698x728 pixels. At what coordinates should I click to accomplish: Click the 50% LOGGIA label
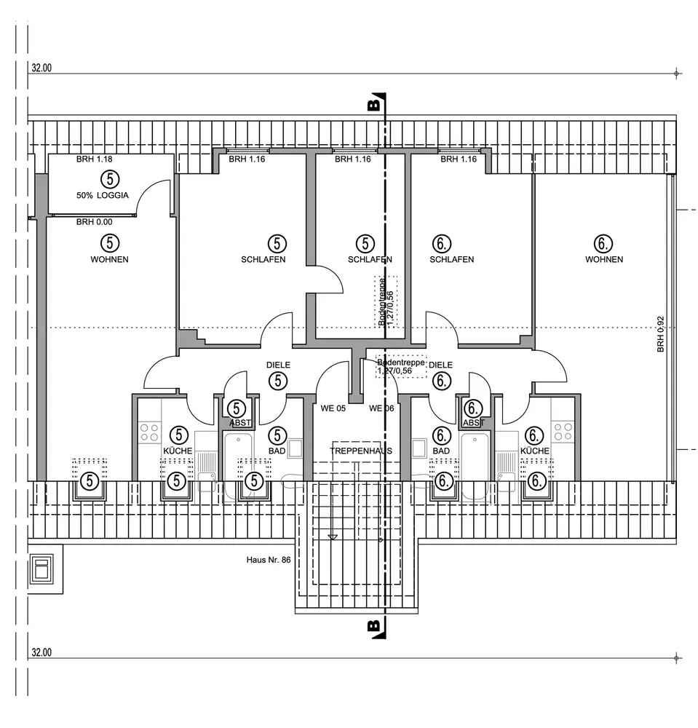[x=102, y=195]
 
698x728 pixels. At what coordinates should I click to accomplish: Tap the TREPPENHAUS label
[x=361, y=451]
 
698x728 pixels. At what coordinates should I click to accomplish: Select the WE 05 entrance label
[x=333, y=408]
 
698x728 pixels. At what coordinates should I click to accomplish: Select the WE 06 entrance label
[x=381, y=408]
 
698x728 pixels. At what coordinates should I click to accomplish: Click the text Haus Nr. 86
[x=269, y=561]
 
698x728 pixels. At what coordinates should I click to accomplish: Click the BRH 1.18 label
[x=95, y=159]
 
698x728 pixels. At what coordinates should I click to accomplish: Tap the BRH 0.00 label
[x=95, y=222]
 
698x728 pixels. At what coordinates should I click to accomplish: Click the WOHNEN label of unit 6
[x=604, y=259]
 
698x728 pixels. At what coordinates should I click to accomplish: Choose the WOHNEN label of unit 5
[x=110, y=259]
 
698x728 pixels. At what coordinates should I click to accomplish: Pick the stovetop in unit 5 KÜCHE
[x=148, y=432]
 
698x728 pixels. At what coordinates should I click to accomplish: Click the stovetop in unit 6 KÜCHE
[x=563, y=432]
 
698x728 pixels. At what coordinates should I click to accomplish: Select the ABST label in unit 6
[x=473, y=423]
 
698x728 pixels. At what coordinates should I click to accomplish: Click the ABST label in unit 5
[x=239, y=423]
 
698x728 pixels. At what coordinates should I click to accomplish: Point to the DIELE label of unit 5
[x=278, y=365]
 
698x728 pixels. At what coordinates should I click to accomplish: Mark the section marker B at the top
[x=374, y=105]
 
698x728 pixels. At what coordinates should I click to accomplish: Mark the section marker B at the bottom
[x=373, y=626]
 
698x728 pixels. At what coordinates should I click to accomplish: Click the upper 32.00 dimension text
[x=41, y=68]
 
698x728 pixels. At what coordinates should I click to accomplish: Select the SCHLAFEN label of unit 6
[x=452, y=259]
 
